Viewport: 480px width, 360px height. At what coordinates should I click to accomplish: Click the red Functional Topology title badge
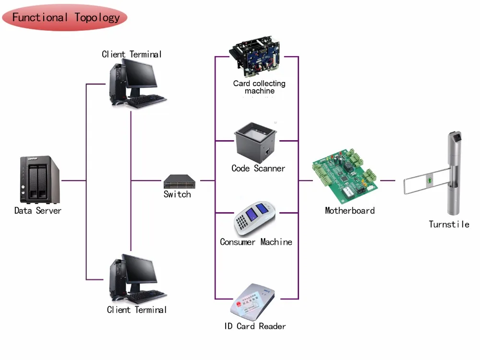click(65, 18)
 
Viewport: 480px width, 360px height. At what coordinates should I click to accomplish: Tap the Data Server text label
click(38, 210)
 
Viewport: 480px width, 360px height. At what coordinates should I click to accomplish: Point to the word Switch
click(177, 194)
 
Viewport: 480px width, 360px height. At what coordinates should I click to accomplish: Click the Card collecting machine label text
click(259, 87)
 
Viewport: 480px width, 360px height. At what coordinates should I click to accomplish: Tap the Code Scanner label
click(258, 168)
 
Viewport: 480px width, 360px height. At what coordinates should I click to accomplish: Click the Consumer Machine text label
click(256, 242)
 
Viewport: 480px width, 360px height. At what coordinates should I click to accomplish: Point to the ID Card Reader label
click(255, 326)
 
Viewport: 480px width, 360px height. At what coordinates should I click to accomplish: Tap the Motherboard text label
click(349, 210)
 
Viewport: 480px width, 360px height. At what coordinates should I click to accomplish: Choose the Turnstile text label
click(449, 224)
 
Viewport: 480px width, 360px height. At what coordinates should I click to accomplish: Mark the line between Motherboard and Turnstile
click(387, 181)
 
